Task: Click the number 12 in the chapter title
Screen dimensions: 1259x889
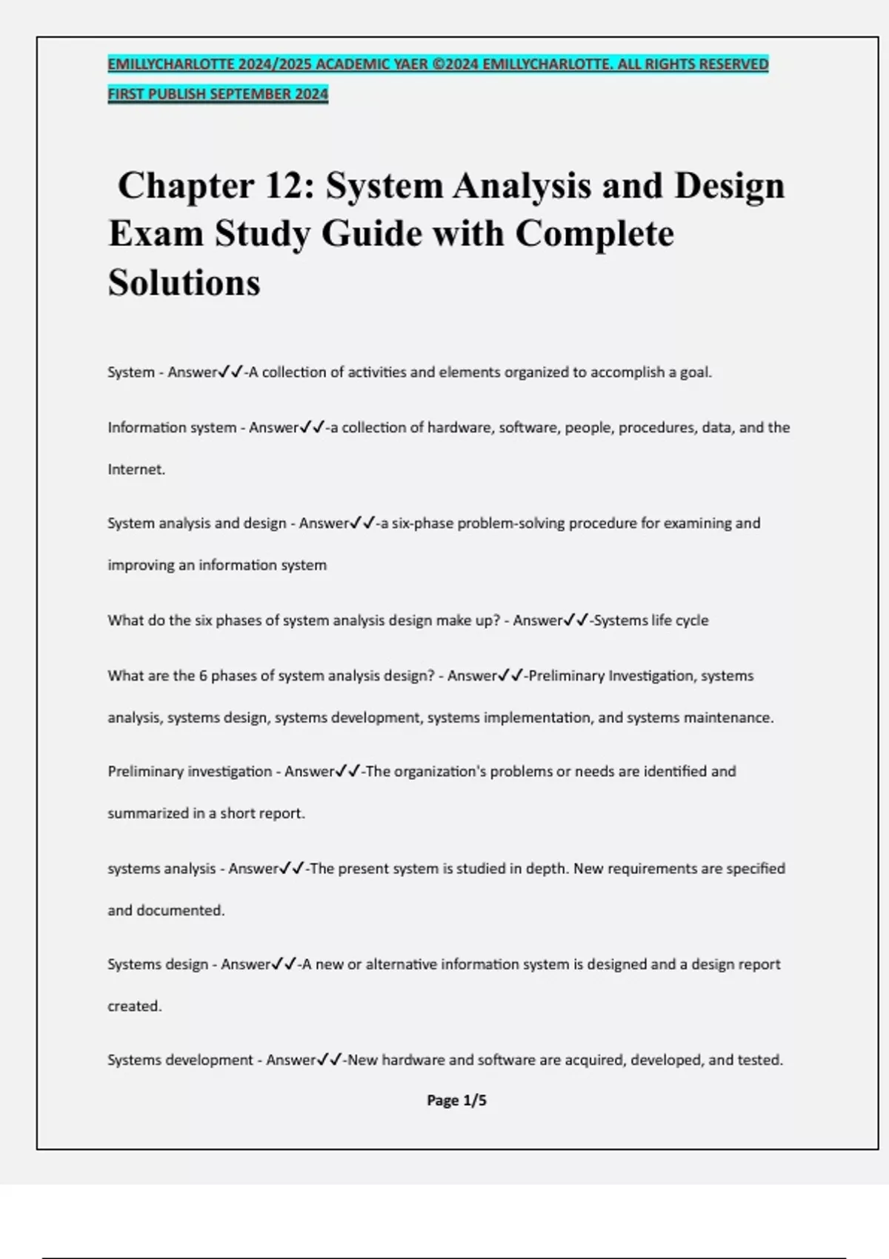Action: click(x=281, y=185)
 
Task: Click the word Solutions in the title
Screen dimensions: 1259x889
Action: click(x=184, y=282)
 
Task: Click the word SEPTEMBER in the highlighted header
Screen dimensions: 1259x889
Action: click(x=251, y=94)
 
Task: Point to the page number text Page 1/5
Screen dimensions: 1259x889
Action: click(x=456, y=1101)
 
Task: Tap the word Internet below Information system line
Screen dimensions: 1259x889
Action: click(x=135, y=470)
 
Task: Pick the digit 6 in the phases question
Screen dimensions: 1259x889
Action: click(x=203, y=676)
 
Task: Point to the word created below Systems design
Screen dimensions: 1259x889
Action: click(x=133, y=1006)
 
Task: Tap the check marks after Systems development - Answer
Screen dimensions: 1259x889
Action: click(x=329, y=1060)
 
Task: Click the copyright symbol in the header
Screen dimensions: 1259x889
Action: click(x=437, y=64)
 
